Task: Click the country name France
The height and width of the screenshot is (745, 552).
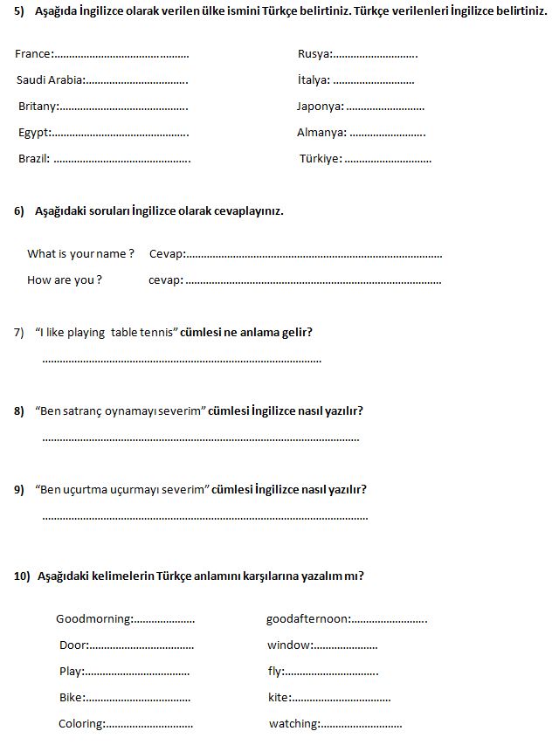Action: coord(32,54)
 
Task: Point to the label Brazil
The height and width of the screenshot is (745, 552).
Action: coord(33,159)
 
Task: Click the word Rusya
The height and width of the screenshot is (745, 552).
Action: coord(314,54)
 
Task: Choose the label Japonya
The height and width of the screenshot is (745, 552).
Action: coord(319,107)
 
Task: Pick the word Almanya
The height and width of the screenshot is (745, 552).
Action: coord(321,133)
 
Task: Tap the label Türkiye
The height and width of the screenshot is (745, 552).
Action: coord(320,159)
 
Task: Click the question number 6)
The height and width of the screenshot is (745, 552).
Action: coord(19,211)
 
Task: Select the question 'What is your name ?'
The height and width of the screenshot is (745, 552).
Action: coord(80,254)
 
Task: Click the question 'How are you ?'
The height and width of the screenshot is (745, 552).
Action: coord(65,280)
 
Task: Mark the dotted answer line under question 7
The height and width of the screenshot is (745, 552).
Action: coord(182,360)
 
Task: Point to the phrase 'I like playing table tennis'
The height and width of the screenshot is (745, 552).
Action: coord(107,333)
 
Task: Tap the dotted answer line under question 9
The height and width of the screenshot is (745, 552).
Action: coord(205,517)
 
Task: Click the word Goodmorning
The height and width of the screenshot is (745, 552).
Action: coord(93,619)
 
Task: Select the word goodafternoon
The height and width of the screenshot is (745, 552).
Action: coord(307,619)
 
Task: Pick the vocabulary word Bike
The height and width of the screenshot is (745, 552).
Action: coord(71,698)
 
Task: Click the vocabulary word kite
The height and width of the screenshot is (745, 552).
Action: coord(277,698)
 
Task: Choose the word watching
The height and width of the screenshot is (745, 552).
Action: coord(293,724)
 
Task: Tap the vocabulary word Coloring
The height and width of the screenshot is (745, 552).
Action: coord(80,724)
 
